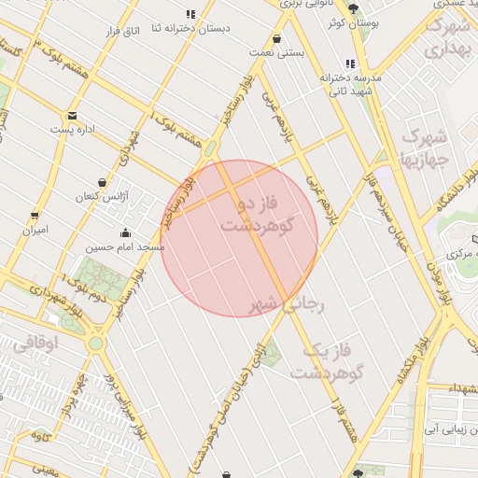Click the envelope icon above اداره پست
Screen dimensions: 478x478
[72, 116]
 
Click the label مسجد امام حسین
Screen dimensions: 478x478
[126, 247]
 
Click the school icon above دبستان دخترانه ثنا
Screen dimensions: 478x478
[190, 14]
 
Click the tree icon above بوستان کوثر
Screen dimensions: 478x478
[352, 7]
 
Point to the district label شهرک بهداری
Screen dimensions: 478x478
[447, 38]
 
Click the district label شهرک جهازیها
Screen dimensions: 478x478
[424, 148]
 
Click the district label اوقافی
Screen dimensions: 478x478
[36, 344]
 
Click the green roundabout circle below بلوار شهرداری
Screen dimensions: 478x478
[95, 343]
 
